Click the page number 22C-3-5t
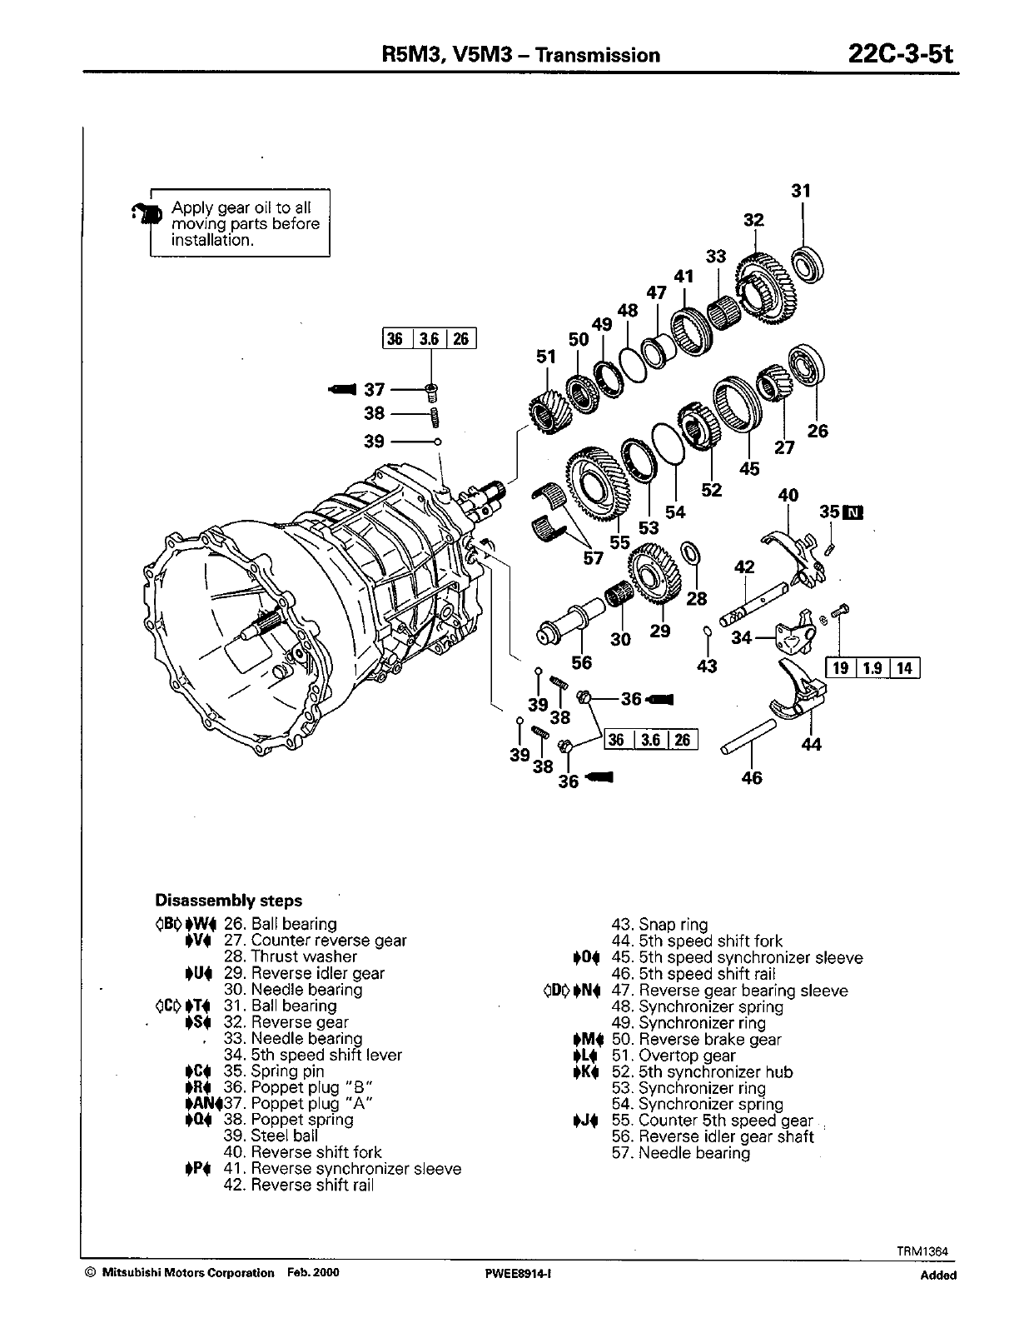(899, 54)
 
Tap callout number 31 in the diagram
(800, 191)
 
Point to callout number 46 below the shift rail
(751, 778)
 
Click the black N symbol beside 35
(854, 512)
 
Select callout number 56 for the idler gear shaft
(581, 662)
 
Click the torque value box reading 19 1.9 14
(872, 667)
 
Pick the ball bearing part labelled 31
(808, 264)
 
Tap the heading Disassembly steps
(229, 901)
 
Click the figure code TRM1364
(923, 1251)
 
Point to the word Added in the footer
(938, 1275)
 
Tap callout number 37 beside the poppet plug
(375, 389)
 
